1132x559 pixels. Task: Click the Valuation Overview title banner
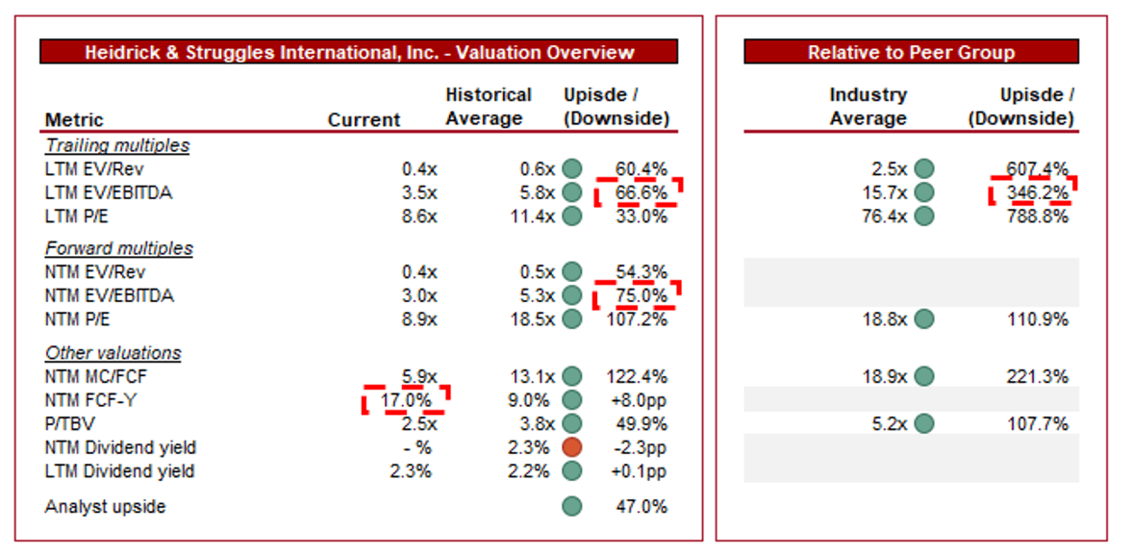click(x=359, y=52)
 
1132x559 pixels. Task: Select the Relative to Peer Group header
click(x=911, y=52)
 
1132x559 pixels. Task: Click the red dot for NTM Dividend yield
click(x=572, y=447)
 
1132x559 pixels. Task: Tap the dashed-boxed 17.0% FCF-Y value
click(x=408, y=399)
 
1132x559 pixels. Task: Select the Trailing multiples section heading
click(x=117, y=145)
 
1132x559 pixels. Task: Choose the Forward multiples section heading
click(x=119, y=248)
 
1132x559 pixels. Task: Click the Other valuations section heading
click(x=113, y=353)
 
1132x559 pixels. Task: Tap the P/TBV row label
click(x=69, y=423)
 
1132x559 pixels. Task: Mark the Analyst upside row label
click(x=105, y=506)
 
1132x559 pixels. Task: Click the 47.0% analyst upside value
click(x=641, y=506)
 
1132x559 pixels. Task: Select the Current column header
click(x=364, y=119)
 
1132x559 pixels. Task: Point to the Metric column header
click(x=74, y=119)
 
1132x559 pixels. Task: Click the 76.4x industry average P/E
click(x=884, y=216)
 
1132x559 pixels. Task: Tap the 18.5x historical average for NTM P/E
click(x=532, y=318)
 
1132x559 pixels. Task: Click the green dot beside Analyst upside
click(x=572, y=506)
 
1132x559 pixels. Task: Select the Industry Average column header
click(x=868, y=107)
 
